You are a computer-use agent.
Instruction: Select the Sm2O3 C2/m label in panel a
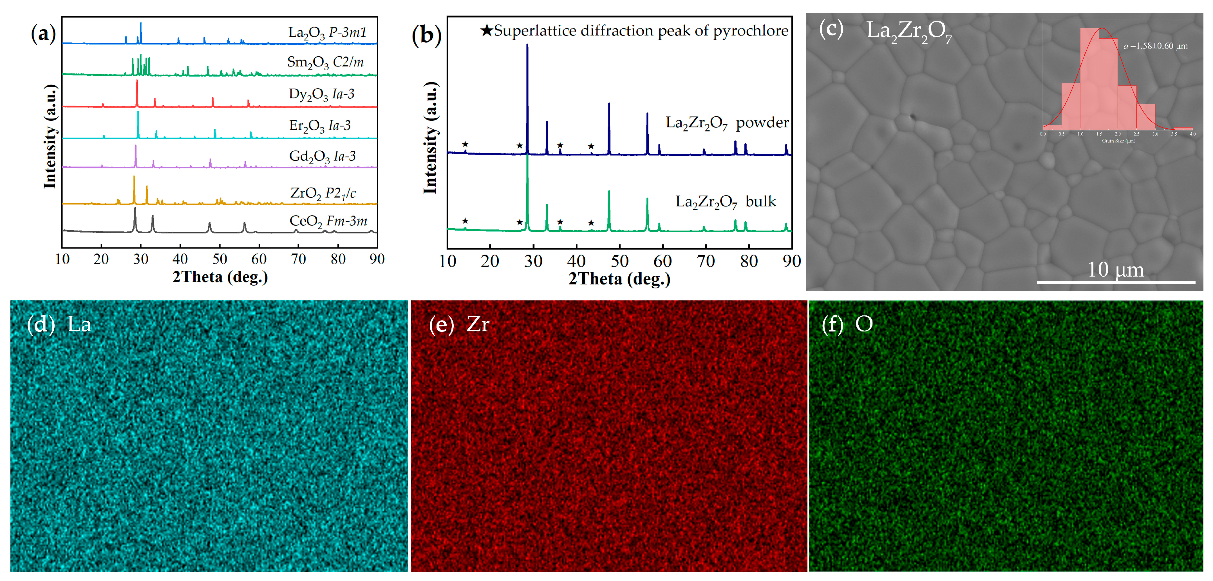(x=325, y=62)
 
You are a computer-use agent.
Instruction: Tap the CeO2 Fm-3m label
(x=328, y=221)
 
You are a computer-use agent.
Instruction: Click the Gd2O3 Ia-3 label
(x=322, y=156)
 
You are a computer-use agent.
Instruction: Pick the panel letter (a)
(x=43, y=34)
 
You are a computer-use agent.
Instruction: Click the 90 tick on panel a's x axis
(x=377, y=259)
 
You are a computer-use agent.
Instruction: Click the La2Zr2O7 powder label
(x=727, y=123)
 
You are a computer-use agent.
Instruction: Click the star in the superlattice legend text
(x=486, y=31)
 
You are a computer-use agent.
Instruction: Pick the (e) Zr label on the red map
(x=459, y=324)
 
